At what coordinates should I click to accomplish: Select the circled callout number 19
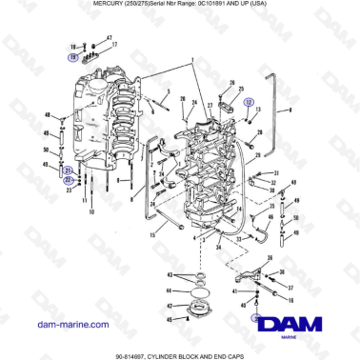tap(72, 57)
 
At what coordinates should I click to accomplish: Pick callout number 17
tap(113, 45)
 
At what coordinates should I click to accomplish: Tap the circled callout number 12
tap(250, 100)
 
